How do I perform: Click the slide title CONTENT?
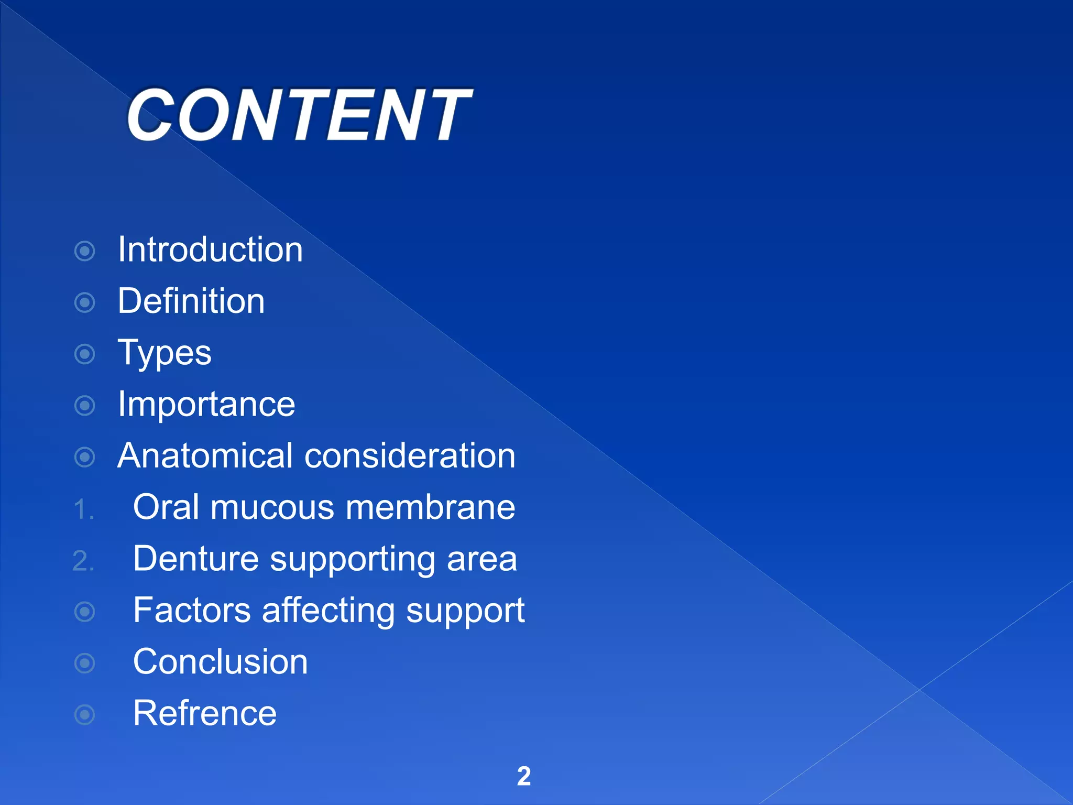pos(299,115)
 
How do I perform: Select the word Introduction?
pos(210,249)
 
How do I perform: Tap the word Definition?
pos(191,301)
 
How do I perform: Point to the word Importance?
pos(206,405)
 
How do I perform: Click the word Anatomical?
pos(205,456)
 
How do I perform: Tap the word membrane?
pos(430,507)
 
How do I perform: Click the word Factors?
pos(192,611)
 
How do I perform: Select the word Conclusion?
pos(220,662)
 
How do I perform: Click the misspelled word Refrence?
pos(204,713)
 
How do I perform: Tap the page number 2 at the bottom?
pos(524,776)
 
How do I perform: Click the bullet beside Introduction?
pos(85,251)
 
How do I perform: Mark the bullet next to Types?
pos(85,354)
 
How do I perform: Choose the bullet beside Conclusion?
pos(85,663)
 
